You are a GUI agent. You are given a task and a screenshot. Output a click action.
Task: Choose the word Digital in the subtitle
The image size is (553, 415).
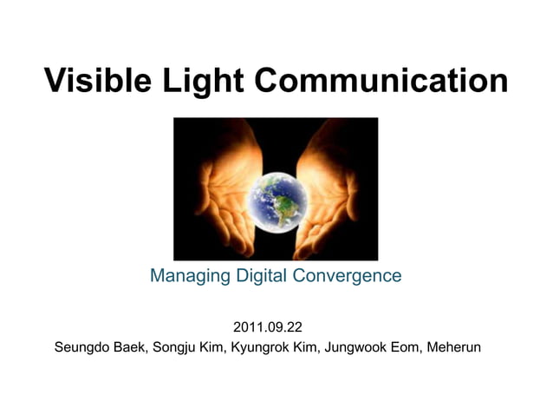258,276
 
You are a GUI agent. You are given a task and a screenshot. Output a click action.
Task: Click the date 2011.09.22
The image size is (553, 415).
268,328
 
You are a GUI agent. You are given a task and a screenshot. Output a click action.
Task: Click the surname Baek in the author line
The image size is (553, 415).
133,349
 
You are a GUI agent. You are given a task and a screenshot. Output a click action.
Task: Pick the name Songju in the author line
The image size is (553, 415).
177,349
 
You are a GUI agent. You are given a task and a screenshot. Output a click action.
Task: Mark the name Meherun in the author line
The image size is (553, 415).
456,349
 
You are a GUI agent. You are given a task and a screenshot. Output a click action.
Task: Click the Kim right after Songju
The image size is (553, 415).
216,349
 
